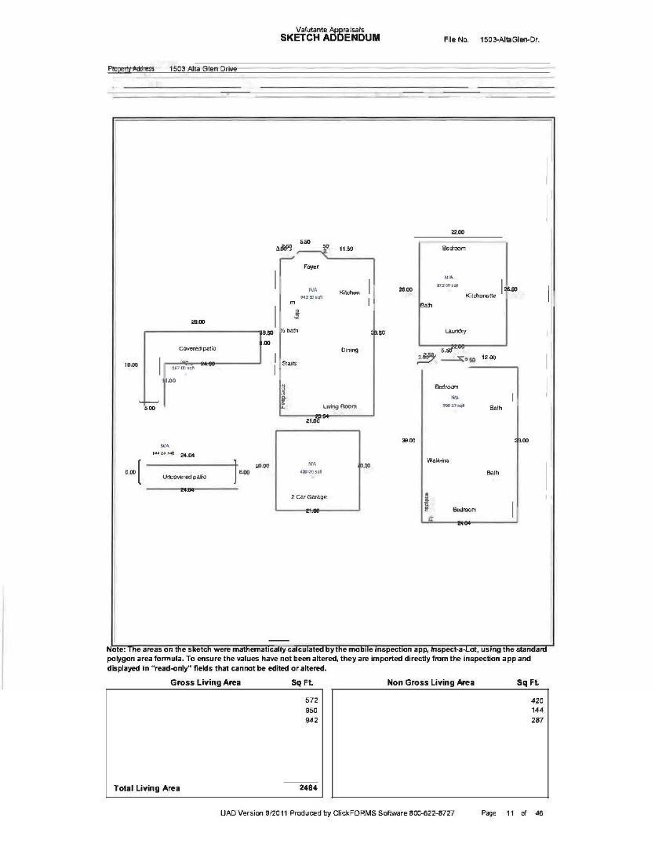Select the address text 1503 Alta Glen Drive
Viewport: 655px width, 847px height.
pyautogui.click(x=198, y=69)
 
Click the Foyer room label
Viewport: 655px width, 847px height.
pyautogui.click(x=311, y=267)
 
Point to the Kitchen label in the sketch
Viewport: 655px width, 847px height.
pyautogui.click(x=349, y=293)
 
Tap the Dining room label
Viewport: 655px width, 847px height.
pyautogui.click(x=349, y=350)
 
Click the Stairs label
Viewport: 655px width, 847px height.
pyautogui.click(x=289, y=363)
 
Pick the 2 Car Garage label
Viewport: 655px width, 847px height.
pyautogui.click(x=309, y=497)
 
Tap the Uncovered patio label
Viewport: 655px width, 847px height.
pyautogui.click(x=187, y=477)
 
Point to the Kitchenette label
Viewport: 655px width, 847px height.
pyautogui.click(x=481, y=296)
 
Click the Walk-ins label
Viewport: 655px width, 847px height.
pyautogui.click(x=438, y=460)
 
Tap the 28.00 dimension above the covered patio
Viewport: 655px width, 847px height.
pyautogui.click(x=198, y=322)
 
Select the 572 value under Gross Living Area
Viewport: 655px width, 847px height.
pyautogui.click(x=310, y=700)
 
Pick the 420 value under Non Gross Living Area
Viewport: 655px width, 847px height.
pyautogui.click(x=537, y=700)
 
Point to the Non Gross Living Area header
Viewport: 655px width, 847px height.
pyautogui.click(x=431, y=683)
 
